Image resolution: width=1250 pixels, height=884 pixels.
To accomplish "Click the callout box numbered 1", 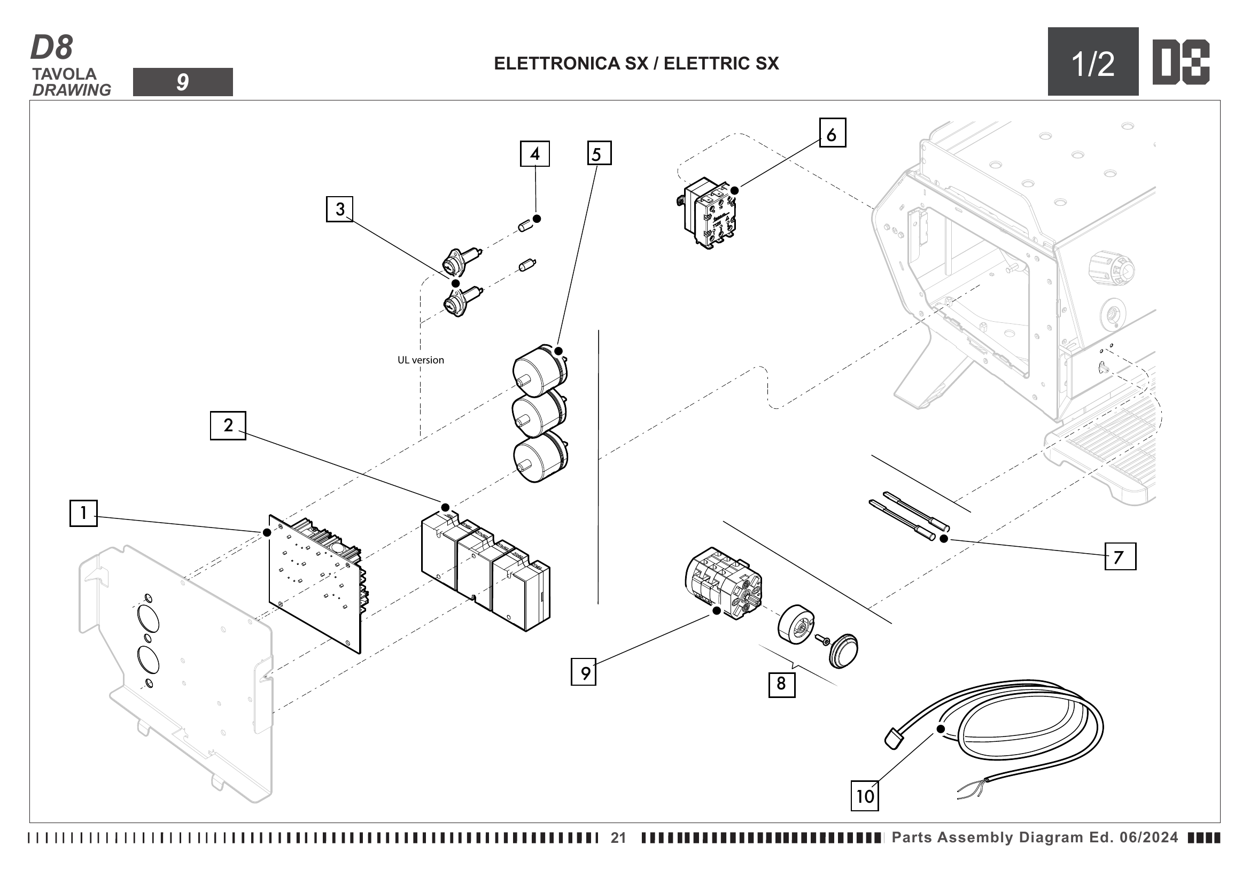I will pyautogui.click(x=83, y=513).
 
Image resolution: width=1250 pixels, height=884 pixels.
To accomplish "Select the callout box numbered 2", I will pyautogui.click(x=228, y=425).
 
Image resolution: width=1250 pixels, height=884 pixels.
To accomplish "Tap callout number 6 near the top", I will pyautogui.click(x=833, y=133).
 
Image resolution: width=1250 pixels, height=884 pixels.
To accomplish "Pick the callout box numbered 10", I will pyautogui.click(x=865, y=796).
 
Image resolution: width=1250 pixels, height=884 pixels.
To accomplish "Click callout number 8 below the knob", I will pyautogui.click(x=781, y=684).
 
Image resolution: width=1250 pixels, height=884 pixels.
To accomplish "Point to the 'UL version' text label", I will pyautogui.click(x=420, y=360).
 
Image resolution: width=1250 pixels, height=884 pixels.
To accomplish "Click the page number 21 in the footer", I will pyautogui.click(x=618, y=838).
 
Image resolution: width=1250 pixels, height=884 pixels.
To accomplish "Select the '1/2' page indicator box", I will pyautogui.click(x=1093, y=62).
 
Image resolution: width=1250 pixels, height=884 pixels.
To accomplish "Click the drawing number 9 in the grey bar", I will pyautogui.click(x=182, y=82).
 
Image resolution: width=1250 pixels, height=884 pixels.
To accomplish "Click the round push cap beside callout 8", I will pyautogui.click(x=843, y=650).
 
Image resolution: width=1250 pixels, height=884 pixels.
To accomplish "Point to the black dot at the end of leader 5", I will pyautogui.click(x=558, y=351).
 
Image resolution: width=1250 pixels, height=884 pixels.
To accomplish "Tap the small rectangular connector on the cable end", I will pyautogui.click(x=893, y=739).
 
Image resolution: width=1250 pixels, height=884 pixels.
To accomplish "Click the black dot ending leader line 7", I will pyautogui.click(x=944, y=538).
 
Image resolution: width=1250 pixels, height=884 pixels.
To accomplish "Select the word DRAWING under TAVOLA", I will pyautogui.click(x=72, y=90).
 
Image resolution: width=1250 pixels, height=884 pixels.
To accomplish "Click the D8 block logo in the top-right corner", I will pyautogui.click(x=1181, y=62).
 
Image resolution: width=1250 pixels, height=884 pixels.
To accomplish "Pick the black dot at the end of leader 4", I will pyautogui.click(x=537, y=219).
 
